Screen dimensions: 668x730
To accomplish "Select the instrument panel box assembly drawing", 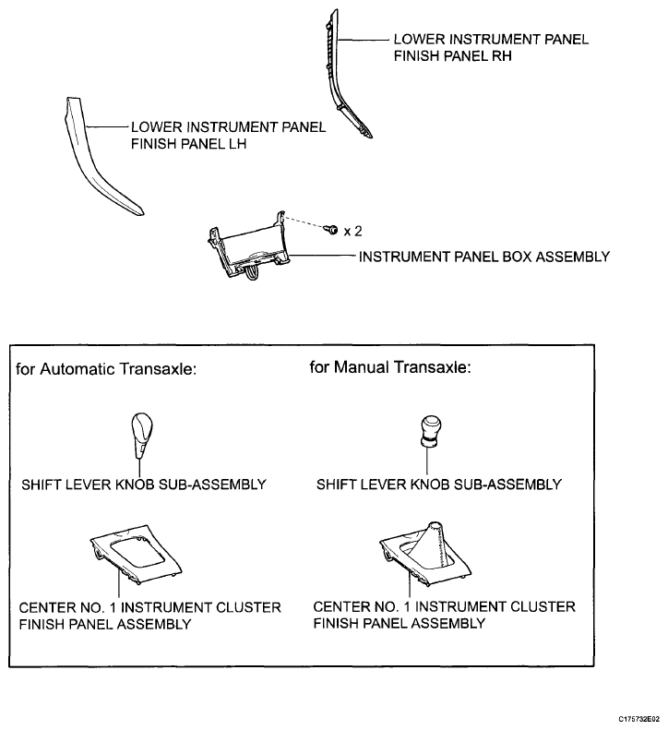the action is coord(248,246).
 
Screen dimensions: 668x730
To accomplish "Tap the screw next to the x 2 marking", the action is coord(332,229).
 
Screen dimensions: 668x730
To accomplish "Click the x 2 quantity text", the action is coord(352,232).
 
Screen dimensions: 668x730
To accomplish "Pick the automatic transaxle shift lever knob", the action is coord(141,435).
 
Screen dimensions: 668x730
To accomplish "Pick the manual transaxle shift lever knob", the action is coord(431,432).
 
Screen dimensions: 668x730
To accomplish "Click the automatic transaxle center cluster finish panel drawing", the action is coord(136,554).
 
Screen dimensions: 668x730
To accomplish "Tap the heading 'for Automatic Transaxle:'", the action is coord(106,369).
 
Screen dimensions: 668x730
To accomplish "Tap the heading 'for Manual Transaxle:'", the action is coord(390,367).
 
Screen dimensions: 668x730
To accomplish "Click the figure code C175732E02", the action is coord(639,719).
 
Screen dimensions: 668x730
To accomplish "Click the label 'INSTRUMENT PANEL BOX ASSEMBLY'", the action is coord(484,257).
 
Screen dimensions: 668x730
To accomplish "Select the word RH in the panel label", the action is coord(502,56).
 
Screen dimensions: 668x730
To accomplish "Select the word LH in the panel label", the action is coord(237,144).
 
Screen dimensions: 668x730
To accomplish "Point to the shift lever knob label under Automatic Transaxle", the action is coord(144,485).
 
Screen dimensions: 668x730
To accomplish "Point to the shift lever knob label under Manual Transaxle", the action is coord(439,485).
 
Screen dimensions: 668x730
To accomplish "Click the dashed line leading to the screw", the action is coord(304,222).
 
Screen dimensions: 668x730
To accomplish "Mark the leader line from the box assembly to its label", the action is coord(323,255).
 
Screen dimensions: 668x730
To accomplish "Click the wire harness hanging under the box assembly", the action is coord(252,273).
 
